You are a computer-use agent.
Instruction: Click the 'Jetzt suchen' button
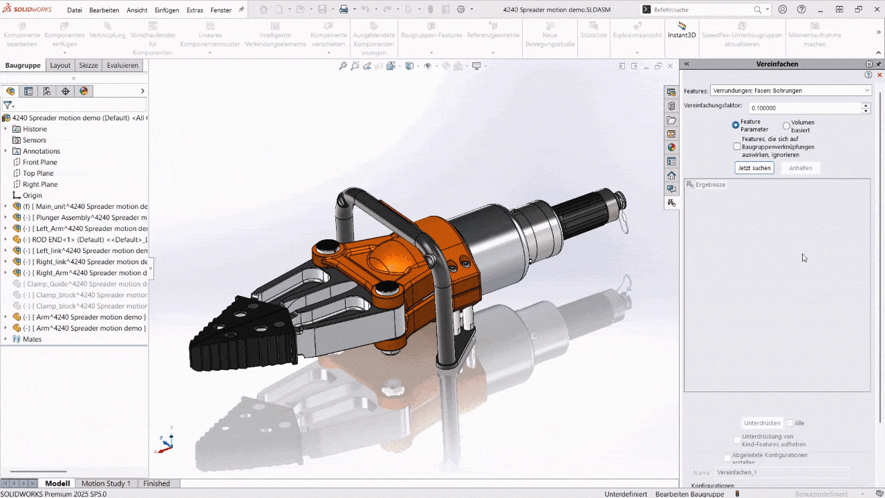[x=754, y=168]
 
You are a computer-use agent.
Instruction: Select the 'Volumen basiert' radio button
[x=786, y=126]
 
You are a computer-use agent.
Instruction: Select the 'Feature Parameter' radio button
[x=736, y=125]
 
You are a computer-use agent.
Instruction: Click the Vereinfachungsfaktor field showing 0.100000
[x=805, y=108]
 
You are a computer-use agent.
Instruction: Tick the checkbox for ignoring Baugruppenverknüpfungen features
[x=737, y=147]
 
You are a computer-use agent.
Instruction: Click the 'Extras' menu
[x=195, y=10]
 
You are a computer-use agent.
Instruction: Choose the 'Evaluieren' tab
[x=122, y=65]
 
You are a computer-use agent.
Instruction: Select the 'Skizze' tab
[x=88, y=65]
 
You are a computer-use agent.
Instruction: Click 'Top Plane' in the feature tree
[x=38, y=174]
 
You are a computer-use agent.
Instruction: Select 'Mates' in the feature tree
[x=32, y=340]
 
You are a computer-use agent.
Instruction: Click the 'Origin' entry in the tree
[x=32, y=196]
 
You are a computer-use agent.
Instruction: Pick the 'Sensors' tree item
[x=35, y=140]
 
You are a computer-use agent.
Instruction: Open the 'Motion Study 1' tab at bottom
[x=106, y=483]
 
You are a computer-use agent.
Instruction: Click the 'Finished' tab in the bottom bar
[x=156, y=483]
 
